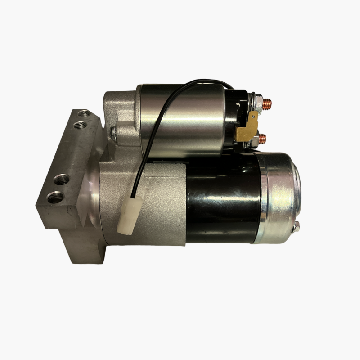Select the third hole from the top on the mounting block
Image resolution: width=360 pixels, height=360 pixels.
pyautogui.click(x=61, y=180)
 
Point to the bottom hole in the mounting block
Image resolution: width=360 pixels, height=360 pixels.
pyautogui.click(x=55, y=197)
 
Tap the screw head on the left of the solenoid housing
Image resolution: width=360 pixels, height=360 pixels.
pyautogui.click(x=112, y=131)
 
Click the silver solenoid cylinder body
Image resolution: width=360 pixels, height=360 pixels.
pyautogui.click(x=180, y=119)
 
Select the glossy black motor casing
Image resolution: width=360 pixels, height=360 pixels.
pyautogui.click(x=220, y=198)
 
